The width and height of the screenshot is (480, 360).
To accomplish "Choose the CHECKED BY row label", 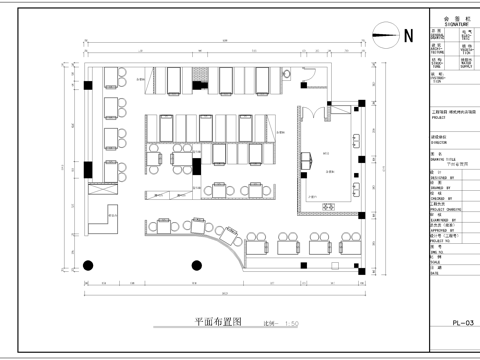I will tap(440, 197).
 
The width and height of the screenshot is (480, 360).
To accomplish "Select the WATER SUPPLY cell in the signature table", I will tap(467, 64).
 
